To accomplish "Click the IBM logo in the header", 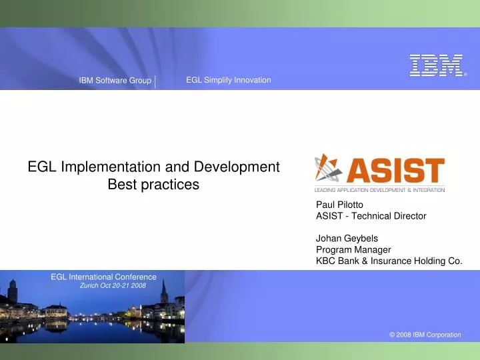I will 436,65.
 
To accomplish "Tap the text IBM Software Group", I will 115,81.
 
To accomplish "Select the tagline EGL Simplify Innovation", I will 228,80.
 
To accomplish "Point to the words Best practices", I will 153,185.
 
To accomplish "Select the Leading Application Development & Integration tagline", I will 379,190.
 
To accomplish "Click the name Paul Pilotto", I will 339,205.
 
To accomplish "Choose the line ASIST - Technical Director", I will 371,216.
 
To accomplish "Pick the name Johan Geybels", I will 347,238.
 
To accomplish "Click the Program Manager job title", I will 353,250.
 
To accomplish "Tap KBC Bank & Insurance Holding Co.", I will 389,261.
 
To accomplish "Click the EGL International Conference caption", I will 103,277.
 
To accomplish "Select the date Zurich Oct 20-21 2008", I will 112,285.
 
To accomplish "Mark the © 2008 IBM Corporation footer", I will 425,335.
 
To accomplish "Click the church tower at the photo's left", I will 12,293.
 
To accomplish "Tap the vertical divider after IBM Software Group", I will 155,81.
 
